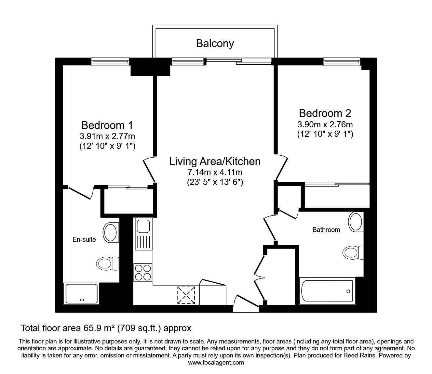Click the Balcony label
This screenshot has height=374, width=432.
[x=215, y=44]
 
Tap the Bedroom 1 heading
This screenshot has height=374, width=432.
[x=107, y=125]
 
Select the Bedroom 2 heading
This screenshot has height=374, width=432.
[x=325, y=113]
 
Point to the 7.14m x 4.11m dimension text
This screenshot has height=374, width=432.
[x=215, y=173]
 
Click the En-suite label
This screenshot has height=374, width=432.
[x=84, y=239]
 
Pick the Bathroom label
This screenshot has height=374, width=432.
[x=326, y=230]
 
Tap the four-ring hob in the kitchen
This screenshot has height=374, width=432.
[x=143, y=273]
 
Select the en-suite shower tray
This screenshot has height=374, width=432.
[x=82, y=294]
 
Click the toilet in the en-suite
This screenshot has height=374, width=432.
[x=108, y=263]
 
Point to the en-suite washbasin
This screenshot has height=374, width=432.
[x=111, y=233]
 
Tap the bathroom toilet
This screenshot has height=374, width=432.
[x=353, y=253]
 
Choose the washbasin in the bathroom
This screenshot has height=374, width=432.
[x=356, y=222]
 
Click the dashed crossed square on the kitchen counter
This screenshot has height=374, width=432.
[x=186, y=295]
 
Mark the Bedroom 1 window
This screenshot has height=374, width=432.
[x=110, y=61]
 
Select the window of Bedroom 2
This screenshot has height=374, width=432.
[x=342, y=61]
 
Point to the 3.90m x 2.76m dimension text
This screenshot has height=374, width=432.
[x=325, y=125]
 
